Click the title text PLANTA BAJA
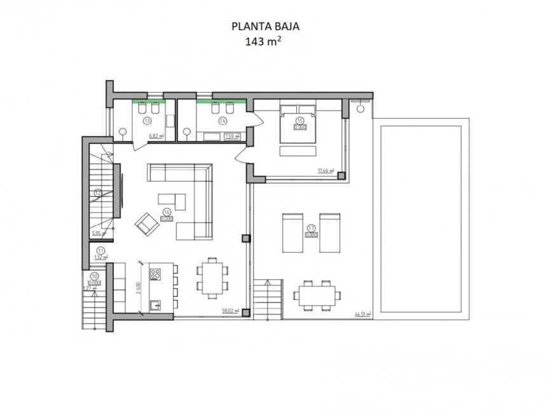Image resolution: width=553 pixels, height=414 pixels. (266, 27)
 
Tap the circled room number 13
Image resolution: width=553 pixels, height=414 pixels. (147, 120)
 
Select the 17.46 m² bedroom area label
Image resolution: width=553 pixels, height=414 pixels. (325, 170)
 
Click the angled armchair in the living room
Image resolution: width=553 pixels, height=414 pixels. (146, 222)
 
